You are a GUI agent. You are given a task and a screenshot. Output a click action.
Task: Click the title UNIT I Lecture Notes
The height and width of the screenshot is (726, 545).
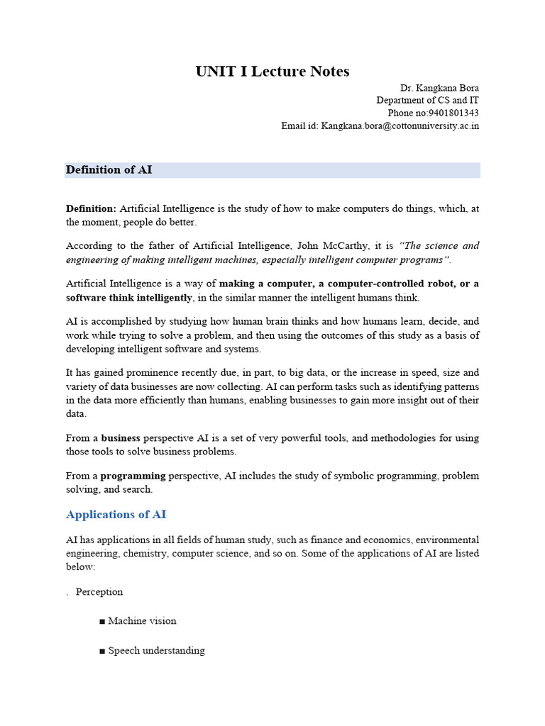pos(272,72)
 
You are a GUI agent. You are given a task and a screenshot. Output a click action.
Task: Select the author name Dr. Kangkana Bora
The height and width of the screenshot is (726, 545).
pos(439,88)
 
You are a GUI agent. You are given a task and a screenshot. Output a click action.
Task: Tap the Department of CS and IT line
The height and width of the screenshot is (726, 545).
pos(427,101)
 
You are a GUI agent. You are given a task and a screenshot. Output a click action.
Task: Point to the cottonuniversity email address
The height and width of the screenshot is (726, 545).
pos(400,126)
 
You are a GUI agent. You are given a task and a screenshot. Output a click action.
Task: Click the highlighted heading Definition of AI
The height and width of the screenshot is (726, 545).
pos(109,170)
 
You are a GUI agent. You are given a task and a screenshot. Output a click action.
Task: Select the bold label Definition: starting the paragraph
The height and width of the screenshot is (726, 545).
pos(91,208)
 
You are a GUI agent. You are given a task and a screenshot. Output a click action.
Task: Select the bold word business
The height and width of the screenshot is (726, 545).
pos(121,438)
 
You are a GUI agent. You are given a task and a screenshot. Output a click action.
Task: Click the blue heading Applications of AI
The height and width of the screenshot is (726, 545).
pos(116,515)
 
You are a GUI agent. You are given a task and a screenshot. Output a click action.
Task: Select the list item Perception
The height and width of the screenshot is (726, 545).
pos(99,592)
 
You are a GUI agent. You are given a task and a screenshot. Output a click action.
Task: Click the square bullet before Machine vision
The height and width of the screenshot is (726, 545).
pos(102,622)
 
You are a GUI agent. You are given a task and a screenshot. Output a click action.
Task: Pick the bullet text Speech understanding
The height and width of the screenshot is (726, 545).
pos(156,651)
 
